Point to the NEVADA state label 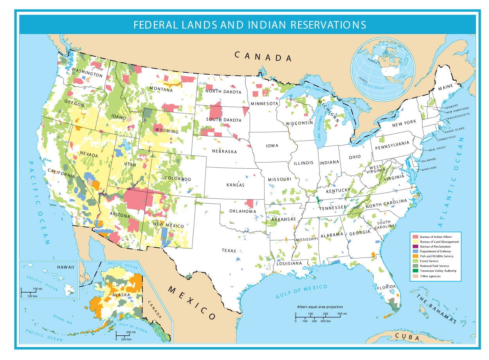pos(89,155)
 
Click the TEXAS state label pos(229,250)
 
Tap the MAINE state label pos(446,88)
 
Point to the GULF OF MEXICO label pos(301,292)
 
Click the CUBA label pos(407,337)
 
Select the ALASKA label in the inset pos(118,295)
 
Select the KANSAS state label pos(236,185)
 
